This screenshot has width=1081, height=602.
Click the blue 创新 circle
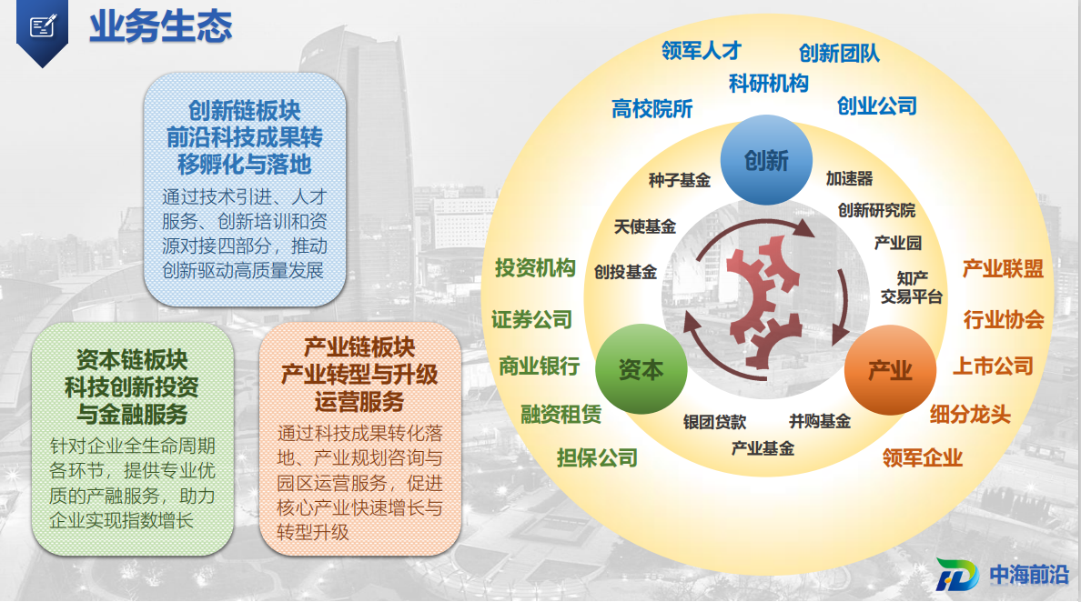pyautogui.click(x=766, y=160)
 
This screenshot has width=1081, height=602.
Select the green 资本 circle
pyautogui.click(x=641, y=369)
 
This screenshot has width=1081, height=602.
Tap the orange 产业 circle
pyautogui.click(x=890, y=370)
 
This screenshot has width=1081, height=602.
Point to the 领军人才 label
pyautogui.click(x=702, y=50)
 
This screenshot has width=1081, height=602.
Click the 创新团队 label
pyautogui.click(x=839, y=53)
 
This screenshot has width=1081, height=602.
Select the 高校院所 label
pyautogui.click(x=652, y=108)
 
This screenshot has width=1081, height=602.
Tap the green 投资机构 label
pyautogui.click(x=535, y=267)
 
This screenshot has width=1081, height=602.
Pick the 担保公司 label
pyautogui.click(x=597, y=457)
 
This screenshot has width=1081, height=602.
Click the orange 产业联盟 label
pyautogui.click(x=1003, y=268)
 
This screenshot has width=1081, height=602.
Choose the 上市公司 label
pyautogui.click(x=993, y=366)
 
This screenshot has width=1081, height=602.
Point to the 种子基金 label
pyautogui.click(x=679, y=180)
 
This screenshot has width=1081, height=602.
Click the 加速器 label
pyautogui.click(x=849, y=178)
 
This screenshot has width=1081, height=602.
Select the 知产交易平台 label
pyautogui.click(x=912, y=287)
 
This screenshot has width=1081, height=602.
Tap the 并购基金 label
pyautogui.click(x=820, y=421)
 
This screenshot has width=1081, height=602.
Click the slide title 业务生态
pyautogui.click(x=161, y=27)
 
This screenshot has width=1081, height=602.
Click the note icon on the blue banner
pyautogui.click(x=42, y=26)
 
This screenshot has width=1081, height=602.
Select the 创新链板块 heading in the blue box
pyautogui.click(x=245, y=110)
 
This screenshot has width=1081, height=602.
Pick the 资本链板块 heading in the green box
pyautogui.click(x=132, y=359)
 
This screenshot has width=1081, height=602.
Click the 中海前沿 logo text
pyautogui.click(x=1028, y=575)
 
